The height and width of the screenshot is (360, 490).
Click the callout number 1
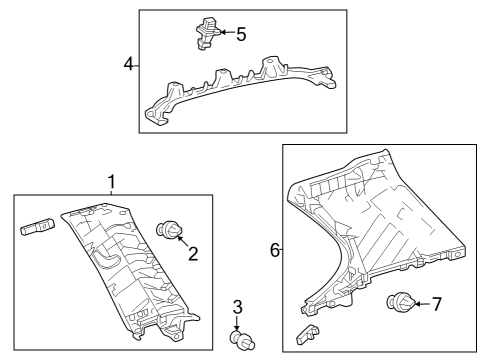(112, 182)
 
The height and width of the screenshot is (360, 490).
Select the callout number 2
(193, 253)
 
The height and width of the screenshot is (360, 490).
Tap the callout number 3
(238, 306)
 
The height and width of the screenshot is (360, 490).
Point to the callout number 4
(129, 64)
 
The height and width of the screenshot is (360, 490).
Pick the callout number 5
(240, 34)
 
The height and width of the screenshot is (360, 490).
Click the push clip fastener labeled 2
(171, 232)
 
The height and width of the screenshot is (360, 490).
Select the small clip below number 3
(243, 341)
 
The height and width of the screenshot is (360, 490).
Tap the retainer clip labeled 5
(207, 33)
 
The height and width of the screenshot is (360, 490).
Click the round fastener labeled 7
(401, 301)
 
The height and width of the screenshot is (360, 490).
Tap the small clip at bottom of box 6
(308, 333)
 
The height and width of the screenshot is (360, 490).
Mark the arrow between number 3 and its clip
(238, 323)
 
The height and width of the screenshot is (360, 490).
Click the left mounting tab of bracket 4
(155, 116)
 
